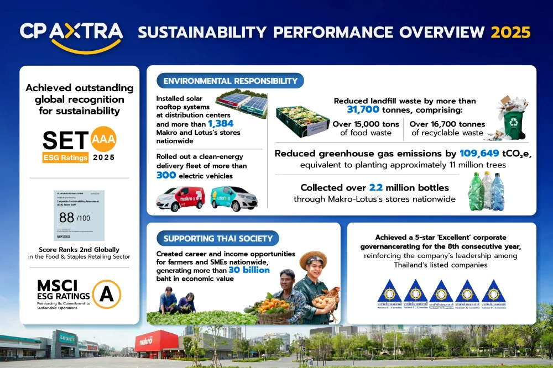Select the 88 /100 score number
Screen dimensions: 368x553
click(x=67, y=217)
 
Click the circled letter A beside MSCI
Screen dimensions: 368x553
click(x=106, y=294)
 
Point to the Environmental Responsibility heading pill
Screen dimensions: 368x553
click(x=230, y=81)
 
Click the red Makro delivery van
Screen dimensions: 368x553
click(x=179, y=198)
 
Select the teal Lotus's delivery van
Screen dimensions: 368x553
click(x=233, y=198)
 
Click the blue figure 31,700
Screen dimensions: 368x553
click(x=368, y=111)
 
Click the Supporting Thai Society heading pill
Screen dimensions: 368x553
click(x=218, y=239)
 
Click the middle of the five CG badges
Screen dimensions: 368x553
click(x=441, y=293)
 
